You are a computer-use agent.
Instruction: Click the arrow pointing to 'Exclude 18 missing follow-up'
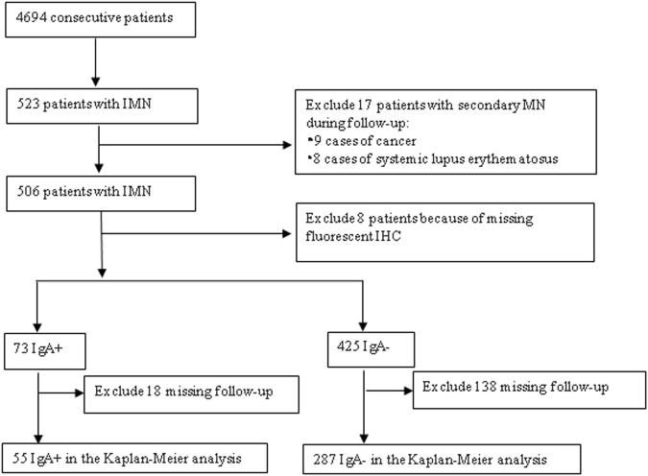pos(62,392)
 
